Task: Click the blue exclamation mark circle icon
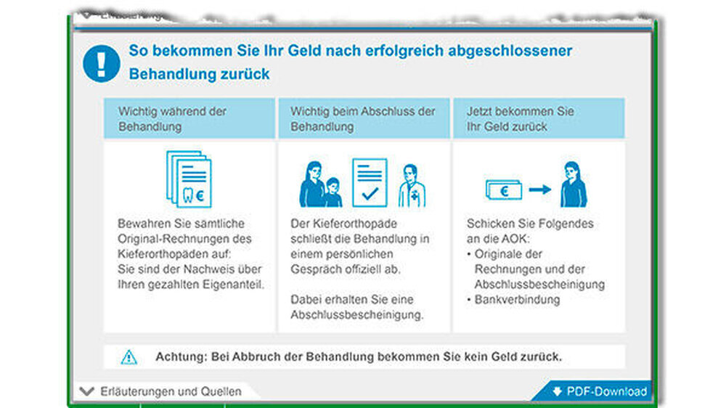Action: pos(102,63)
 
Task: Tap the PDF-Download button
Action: pos(595,391)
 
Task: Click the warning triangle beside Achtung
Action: pos(129,357)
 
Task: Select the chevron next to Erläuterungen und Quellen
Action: pos(86,391)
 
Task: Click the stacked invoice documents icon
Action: pos(189,179)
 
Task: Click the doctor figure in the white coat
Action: pos(412,186)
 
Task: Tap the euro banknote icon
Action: pos(504,190)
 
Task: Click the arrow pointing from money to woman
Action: pos(540,189)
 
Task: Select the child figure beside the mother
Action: pos(333,192)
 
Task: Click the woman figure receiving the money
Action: pos(574,184)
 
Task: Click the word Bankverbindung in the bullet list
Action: pos(517,300)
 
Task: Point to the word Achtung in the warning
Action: pos(181,356)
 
